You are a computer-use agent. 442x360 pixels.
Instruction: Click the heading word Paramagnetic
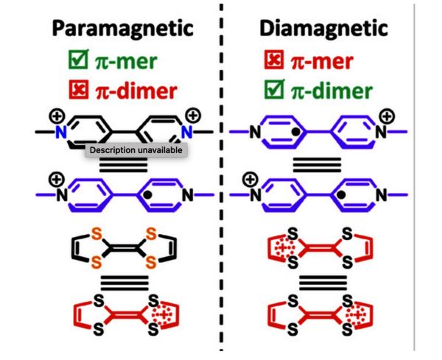122,29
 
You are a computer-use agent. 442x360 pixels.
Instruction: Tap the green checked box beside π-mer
76,61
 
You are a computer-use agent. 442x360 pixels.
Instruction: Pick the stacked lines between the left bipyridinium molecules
124,166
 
